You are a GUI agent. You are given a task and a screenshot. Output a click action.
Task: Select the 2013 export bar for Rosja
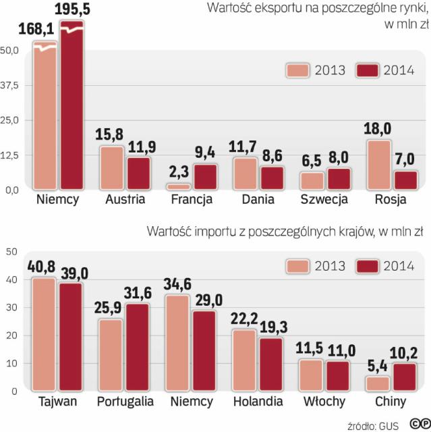click(x=378, y=164)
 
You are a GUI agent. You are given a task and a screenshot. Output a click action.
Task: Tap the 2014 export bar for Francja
click(x=204, y=176)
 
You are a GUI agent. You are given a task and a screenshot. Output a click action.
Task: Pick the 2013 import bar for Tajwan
click(x=45, y=335)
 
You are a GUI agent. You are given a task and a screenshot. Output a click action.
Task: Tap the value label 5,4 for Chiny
click(x=377, y=365)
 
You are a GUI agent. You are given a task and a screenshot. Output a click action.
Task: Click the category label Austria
click(x=125, y=200)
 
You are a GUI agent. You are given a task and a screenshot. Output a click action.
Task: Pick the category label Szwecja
click(x=325, y=200)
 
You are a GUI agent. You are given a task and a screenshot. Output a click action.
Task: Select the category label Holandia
click(x=258, y=402)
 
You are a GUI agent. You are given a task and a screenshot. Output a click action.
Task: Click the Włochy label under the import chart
click(x=324, y=402)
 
